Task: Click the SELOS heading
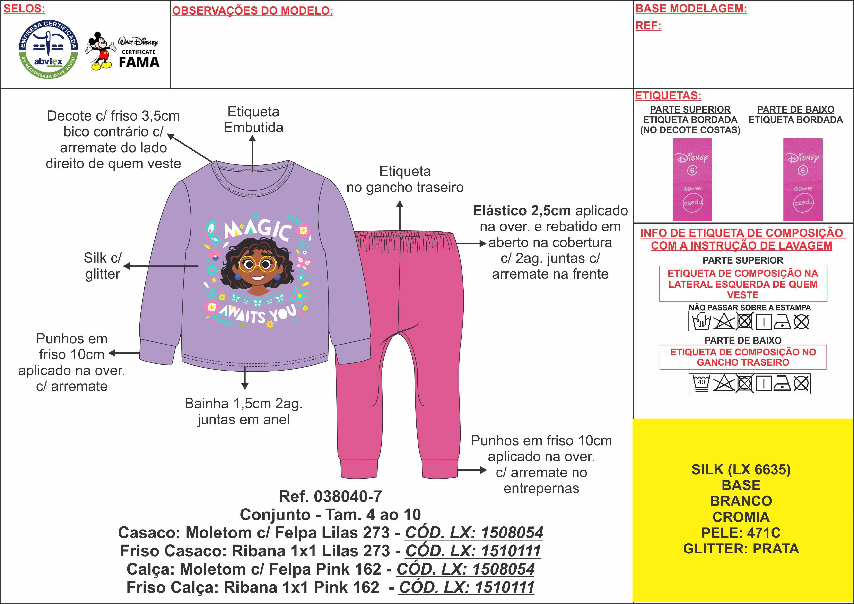[x=24, y=9]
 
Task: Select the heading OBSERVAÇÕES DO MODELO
[x=253, y=11]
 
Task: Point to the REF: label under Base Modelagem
[x=648, y=26]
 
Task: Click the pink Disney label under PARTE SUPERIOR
[x=692, y=180]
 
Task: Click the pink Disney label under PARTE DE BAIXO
[x=803, y=180]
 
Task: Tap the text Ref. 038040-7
[x=330, y=496]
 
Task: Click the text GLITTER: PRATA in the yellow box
[x=741, y=549]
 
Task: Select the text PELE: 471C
[x=741, y=533]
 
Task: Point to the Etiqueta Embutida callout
[x=253, y=119]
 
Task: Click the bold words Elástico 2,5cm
[x=522, y=210]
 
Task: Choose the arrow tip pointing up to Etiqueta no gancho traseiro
[x=400, y=203]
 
